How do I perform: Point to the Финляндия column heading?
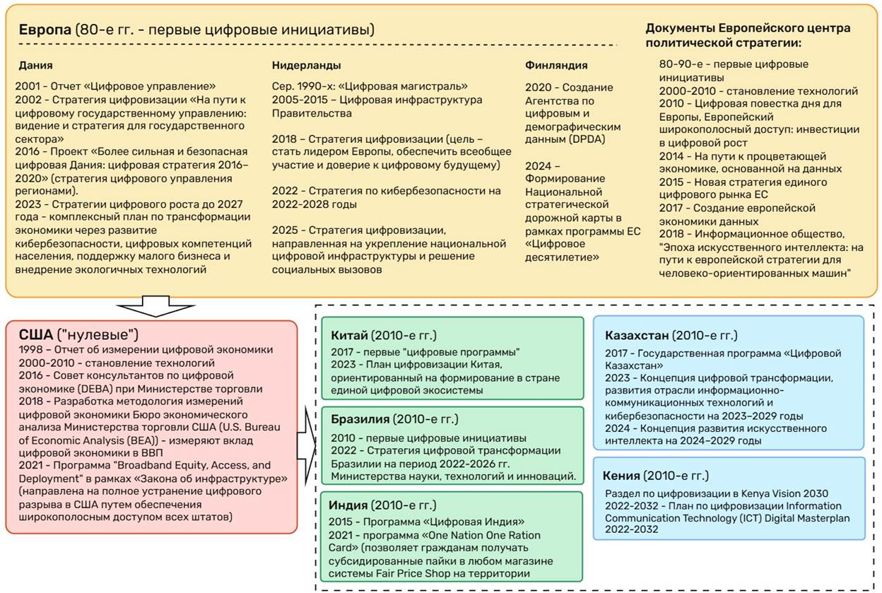(x=556, y=65)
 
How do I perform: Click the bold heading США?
(x=33, y=334)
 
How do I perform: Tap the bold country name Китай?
(x=349, y=335)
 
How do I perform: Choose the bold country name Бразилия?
(x=360, y=420)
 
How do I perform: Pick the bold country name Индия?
(x=348, y=505)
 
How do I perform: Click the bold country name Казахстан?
(x=636, y=335)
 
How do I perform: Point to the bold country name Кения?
(x=622, y=475)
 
